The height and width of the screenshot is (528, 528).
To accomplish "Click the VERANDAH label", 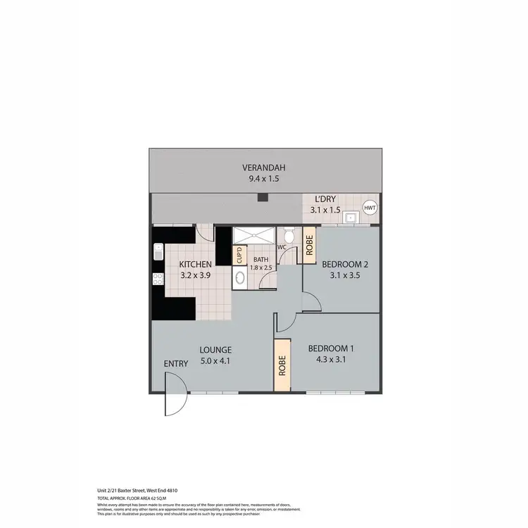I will [x=263, y=168].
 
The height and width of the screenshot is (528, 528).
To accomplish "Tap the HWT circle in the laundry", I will [x=370, y=208].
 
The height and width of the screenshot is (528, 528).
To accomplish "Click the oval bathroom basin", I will [x=240, y=277].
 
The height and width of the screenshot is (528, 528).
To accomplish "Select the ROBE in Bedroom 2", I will [x=308, y=245].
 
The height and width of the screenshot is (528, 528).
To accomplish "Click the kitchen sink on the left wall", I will [x=158, y=251].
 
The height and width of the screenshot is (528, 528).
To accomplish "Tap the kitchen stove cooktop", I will [x=158, y=279].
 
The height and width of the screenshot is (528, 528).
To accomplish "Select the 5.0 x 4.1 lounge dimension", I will [x=215, y=361].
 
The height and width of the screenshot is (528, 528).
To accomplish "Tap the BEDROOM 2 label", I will [x=345, y=265].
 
